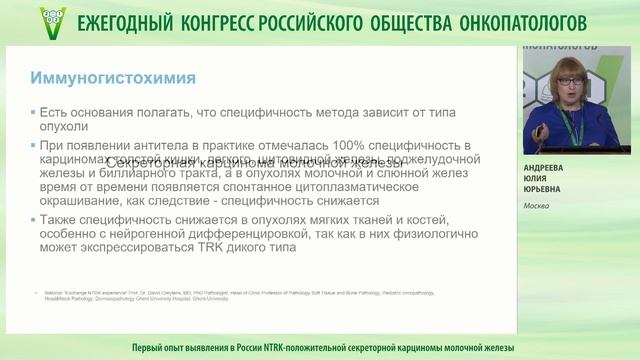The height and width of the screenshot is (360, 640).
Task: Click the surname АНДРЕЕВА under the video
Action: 550,169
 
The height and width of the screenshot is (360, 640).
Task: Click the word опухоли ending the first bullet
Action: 63,127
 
